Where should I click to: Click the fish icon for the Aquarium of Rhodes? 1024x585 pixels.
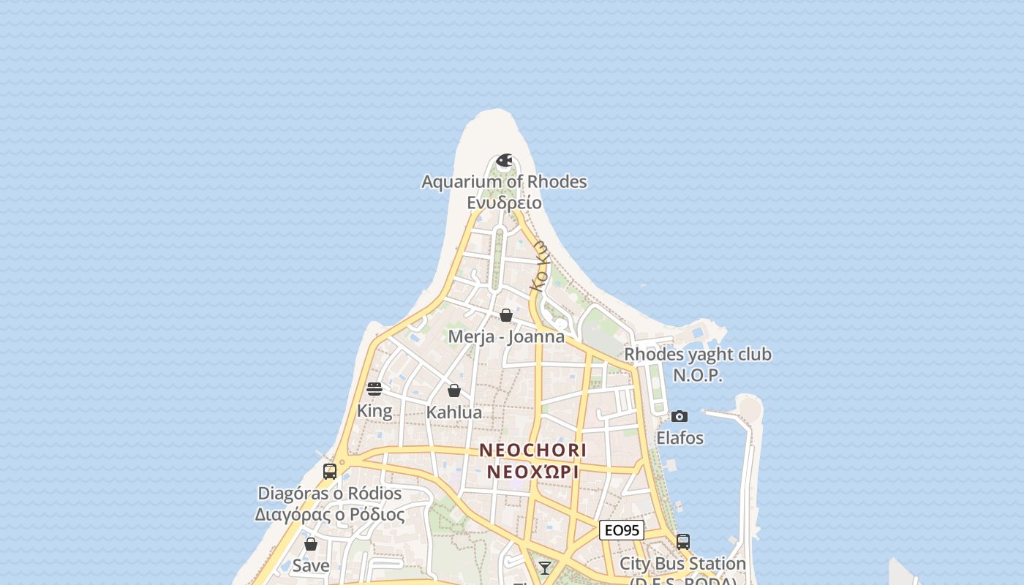click(504, 160)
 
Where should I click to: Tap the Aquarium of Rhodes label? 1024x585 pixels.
click(504, 181)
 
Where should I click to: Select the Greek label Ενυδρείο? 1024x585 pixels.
click(504, 203)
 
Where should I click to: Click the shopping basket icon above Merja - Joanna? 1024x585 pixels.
click(506, 315)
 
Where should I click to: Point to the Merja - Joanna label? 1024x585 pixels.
click(506, 336)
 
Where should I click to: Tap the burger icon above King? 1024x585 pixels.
click(374, 388)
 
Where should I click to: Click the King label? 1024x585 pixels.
click(374, 411)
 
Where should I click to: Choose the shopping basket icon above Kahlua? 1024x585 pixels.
click(454, 390)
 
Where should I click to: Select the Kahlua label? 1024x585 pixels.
click(454, 412)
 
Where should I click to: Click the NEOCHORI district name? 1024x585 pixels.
click(533, 450)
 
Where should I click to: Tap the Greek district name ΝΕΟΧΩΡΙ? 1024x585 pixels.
click(533, 472)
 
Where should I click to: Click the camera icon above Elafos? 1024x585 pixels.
click(679, 416)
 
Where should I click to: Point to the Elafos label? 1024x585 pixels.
click(679, 438)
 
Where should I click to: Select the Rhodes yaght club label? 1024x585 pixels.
click(698, 355)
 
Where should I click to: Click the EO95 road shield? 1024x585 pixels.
click(622, 530)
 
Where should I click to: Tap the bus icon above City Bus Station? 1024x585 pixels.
click(683, 542)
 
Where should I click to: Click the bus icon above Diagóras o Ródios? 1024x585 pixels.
click(330, 471)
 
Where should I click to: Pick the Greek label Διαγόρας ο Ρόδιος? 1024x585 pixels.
click(330, 515)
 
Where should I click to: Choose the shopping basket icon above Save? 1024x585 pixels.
click(311, 544)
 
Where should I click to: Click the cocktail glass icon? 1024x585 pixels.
click(545, 568)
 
